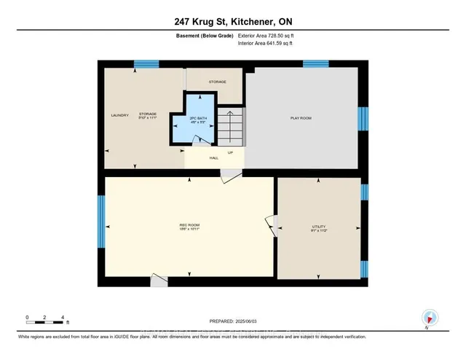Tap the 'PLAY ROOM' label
(301, 117)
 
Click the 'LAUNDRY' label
(119, 115)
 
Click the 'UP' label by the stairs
(230, 152)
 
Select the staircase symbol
(232, 125)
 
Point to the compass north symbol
(430, 317)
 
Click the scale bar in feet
(45, 318)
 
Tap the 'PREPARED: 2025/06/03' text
(232, 321)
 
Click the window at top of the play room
(315, 64)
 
